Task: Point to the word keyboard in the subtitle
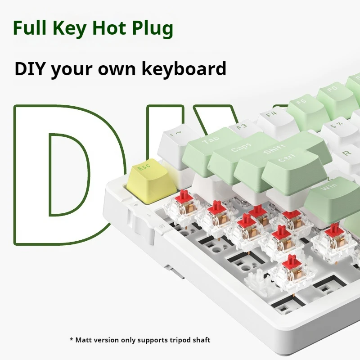(x=184, y=69)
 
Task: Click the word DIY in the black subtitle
(x=29, y=68)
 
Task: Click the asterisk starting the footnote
(x=72, y=339)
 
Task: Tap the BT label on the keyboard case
(x=163, y=227)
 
